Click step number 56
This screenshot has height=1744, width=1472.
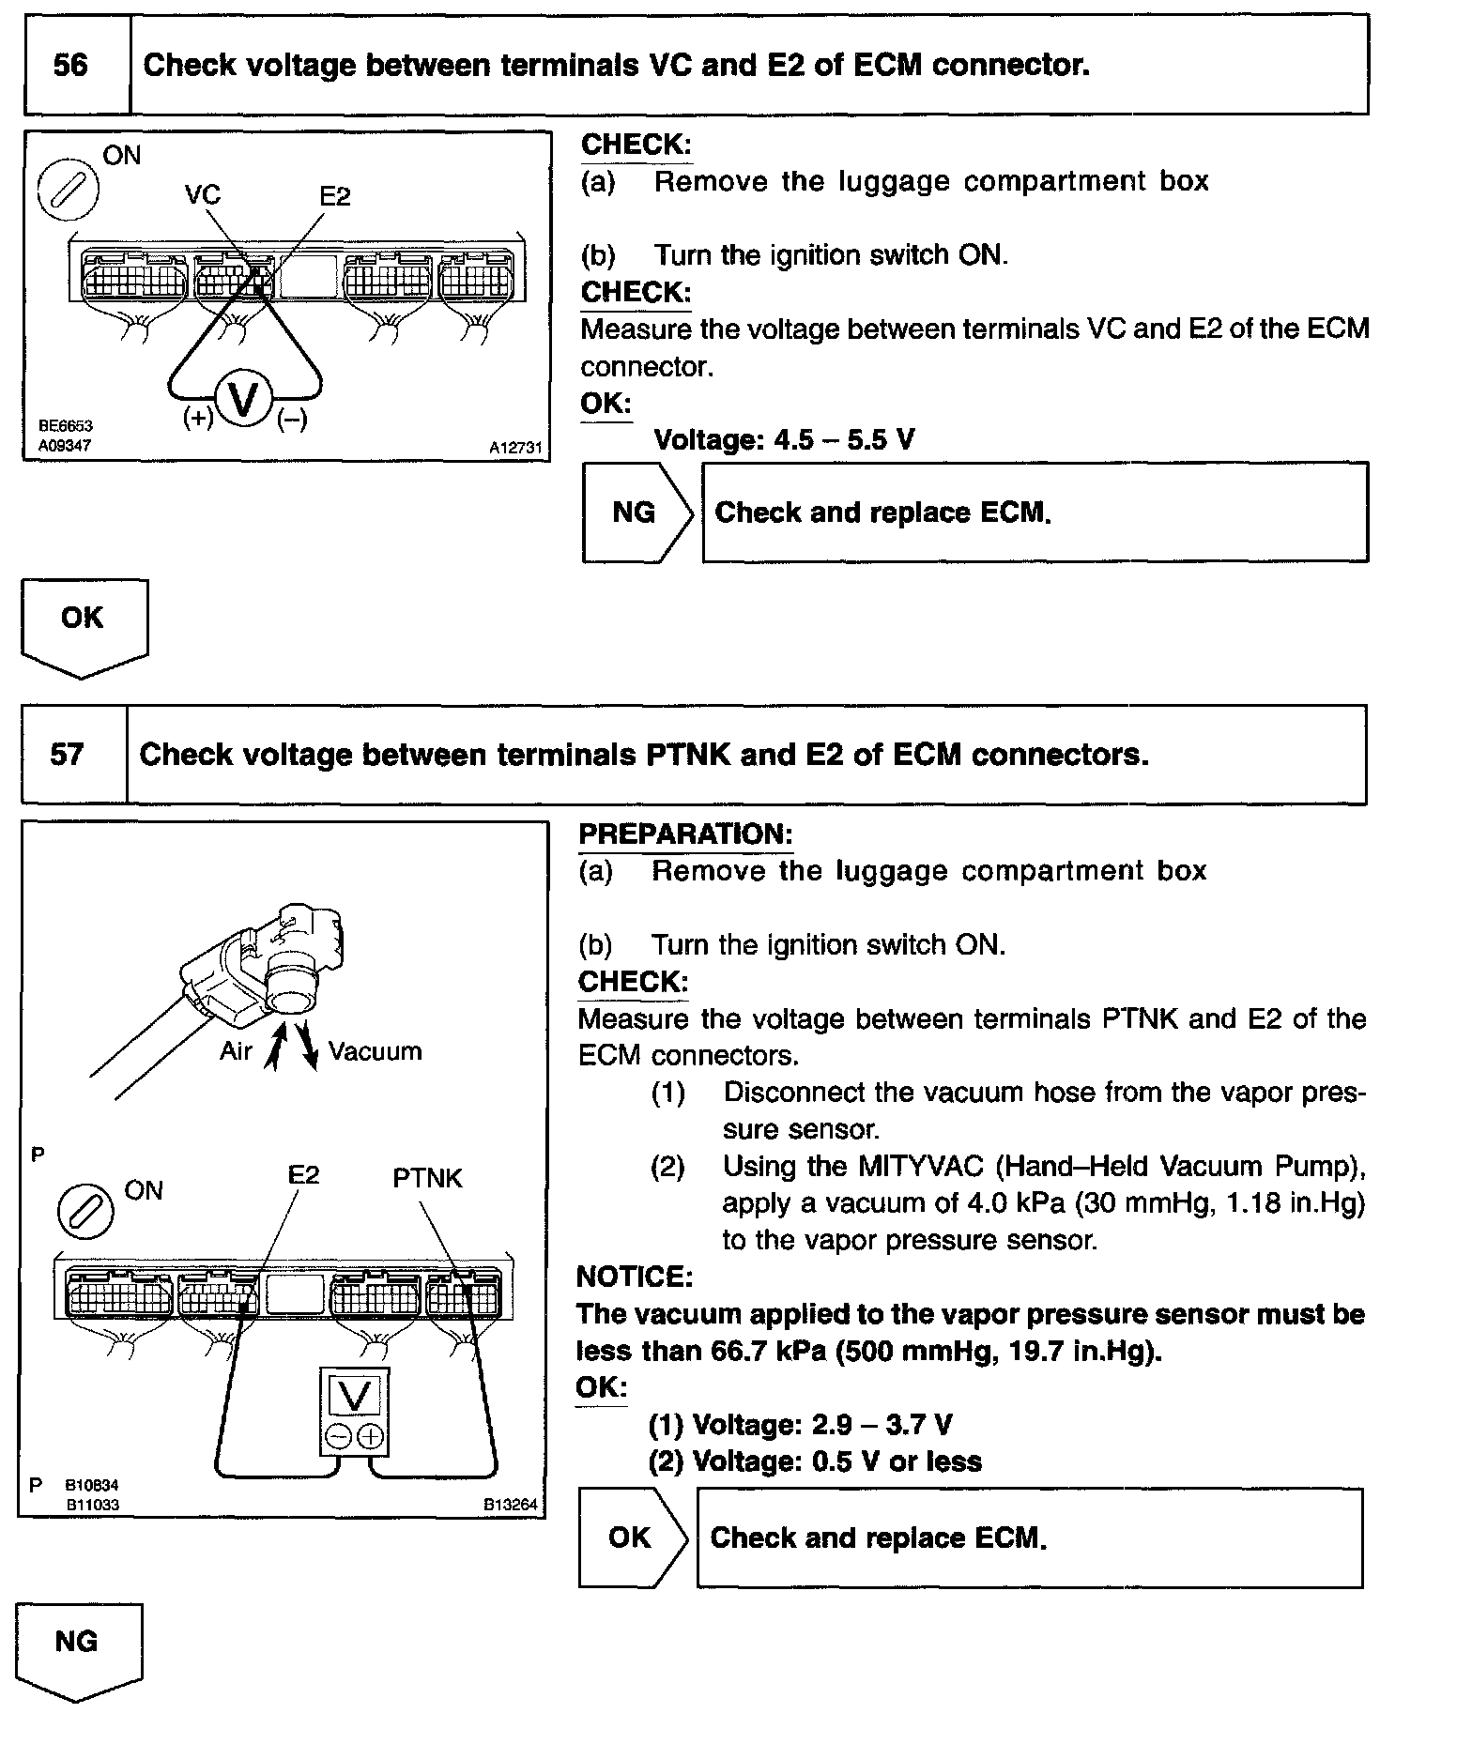click(71, 65)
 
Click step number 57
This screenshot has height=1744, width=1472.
click(68, 754)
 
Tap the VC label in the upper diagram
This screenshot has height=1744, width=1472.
click(203, 194)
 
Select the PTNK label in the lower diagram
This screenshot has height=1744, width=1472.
click(427, 1178)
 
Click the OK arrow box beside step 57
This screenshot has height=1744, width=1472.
click(632, 1537)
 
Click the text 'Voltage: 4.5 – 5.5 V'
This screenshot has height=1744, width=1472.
click(783, 439)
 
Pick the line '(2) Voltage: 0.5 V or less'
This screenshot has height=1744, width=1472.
click(815, 1461)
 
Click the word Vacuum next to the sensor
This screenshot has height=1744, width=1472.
click(375, 1051)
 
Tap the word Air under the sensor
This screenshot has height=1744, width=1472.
click(236, 1051)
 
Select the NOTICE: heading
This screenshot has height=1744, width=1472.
click(635, 1277)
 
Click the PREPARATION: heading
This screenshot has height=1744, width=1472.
click(685, 834)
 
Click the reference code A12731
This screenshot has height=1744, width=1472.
click(515, 449)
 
